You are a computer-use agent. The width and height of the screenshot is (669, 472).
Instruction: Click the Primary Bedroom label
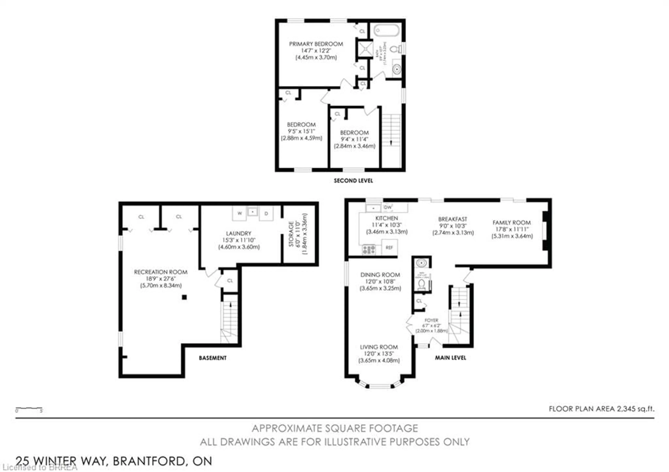(x=316, y=44)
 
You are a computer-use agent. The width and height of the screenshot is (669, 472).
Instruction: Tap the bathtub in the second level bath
(x=386, y=30)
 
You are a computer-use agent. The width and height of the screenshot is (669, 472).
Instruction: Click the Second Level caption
(x=353, y=181)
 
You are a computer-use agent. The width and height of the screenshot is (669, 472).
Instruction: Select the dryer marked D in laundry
(x=266, y=213)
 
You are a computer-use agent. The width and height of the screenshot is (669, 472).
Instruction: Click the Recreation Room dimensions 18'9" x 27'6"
(x=161, y=279)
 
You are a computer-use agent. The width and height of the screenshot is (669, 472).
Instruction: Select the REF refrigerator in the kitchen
(x=389, y=247)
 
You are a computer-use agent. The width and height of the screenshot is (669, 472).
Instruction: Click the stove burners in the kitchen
(x=369, y=249)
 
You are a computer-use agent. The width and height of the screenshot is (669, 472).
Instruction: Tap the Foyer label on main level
(x=431, y=320)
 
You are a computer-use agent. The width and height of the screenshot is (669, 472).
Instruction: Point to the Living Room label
(x=379, y=347)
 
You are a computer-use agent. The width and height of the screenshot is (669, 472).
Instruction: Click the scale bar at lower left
(x=29, y=409)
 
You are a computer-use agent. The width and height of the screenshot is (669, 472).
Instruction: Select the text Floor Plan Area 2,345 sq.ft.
(x=601, y=409)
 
